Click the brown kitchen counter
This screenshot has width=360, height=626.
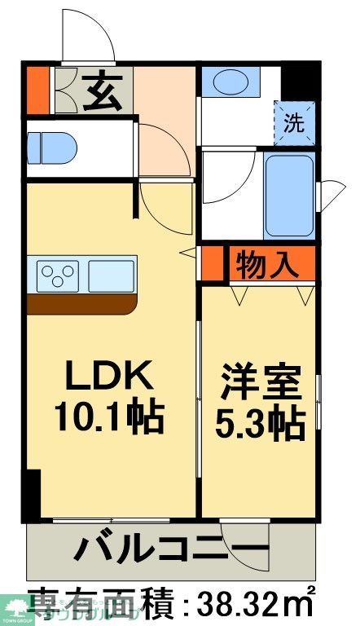tap(81, 303)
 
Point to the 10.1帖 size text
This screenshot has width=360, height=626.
tap(109, 419)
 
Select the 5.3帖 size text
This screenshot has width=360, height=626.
tap(260, 422)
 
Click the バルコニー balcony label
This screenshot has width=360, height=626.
tap(170, 550)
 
